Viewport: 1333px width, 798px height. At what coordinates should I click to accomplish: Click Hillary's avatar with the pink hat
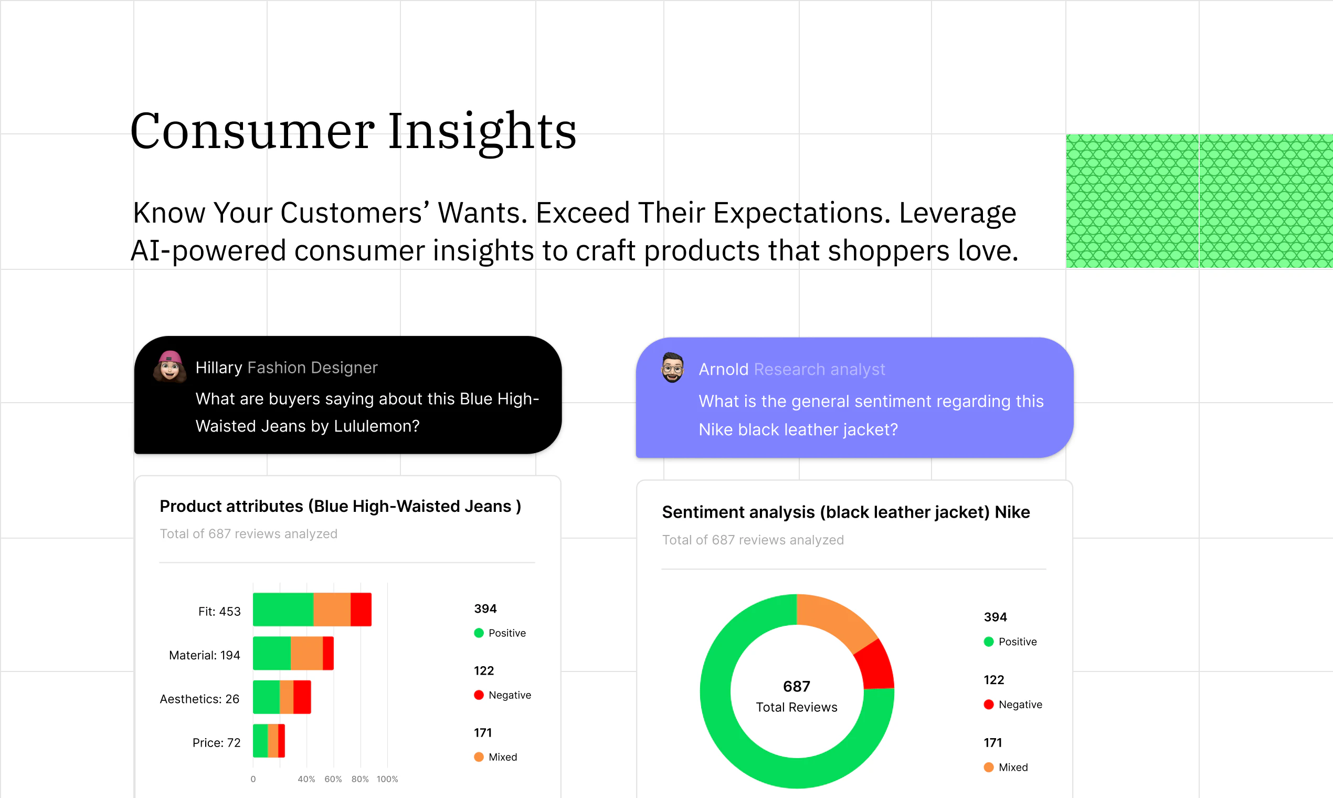170,367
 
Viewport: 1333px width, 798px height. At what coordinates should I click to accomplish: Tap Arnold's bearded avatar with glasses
672,368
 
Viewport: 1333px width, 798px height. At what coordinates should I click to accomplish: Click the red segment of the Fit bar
361,609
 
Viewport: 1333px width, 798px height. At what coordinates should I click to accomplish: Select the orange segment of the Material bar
306,653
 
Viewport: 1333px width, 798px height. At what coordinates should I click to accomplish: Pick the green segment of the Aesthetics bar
266,697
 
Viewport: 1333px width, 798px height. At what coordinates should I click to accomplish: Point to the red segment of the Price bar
282,740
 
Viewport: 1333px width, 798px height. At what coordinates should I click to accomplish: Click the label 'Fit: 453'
219,612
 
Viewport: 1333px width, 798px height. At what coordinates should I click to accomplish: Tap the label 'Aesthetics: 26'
199,699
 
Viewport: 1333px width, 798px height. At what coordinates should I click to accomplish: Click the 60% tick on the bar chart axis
333,779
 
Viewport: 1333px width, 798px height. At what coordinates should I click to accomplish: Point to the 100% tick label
387,779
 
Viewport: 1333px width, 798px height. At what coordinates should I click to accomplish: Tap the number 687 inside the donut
797,686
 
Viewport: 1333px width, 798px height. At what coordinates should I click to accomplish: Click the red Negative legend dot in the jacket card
988,705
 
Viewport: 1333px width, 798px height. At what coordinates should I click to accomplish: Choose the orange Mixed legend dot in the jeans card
479,757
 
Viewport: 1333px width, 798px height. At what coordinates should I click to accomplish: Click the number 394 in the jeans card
485,608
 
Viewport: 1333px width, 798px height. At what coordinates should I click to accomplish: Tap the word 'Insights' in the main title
482,132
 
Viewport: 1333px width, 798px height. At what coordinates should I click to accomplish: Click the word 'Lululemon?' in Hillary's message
376,426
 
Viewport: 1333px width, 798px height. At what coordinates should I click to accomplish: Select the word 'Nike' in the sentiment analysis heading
1012,512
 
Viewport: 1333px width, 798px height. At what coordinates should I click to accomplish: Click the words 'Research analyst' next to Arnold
819,370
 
